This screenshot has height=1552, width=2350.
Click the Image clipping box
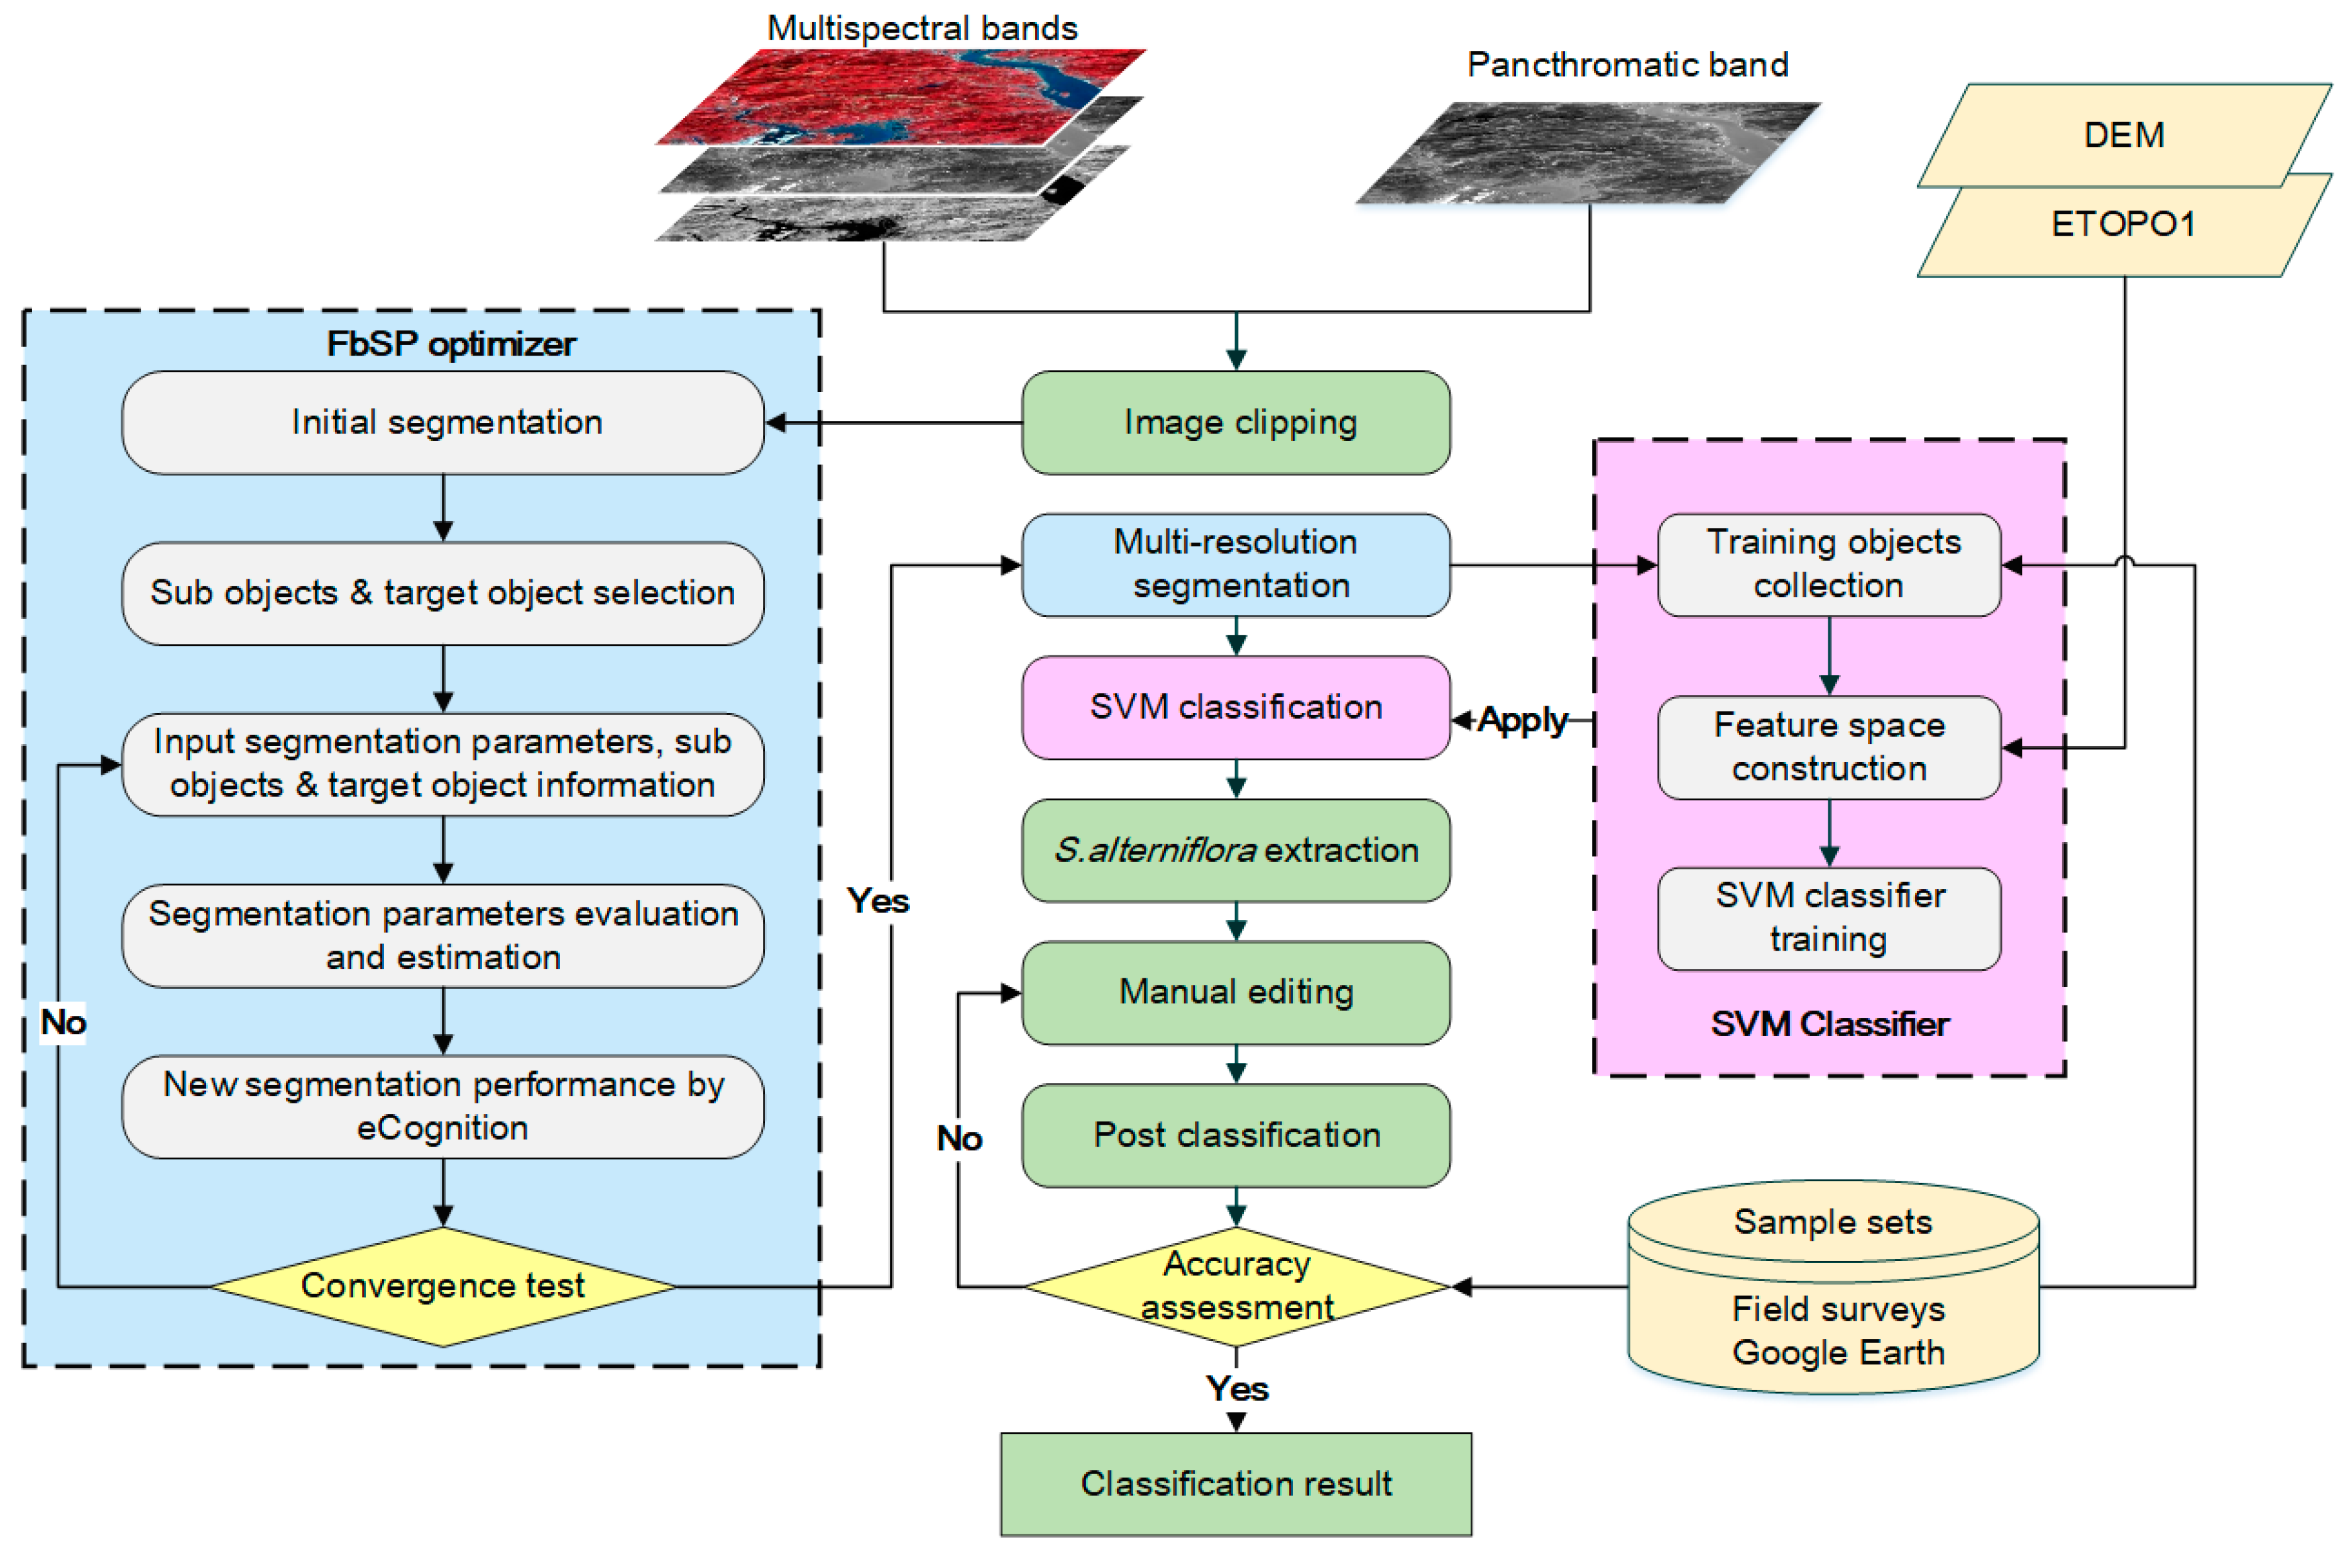[1236, 423]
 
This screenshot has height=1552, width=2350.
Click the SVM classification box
[1236, 707]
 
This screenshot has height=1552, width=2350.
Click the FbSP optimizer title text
[451, 344]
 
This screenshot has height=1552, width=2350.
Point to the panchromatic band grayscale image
[1589, 153]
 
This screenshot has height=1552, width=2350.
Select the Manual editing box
[1236, 992]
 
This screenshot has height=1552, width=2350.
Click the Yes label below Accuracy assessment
[1236, 1388]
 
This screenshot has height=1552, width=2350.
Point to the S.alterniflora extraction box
[1236, 850]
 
